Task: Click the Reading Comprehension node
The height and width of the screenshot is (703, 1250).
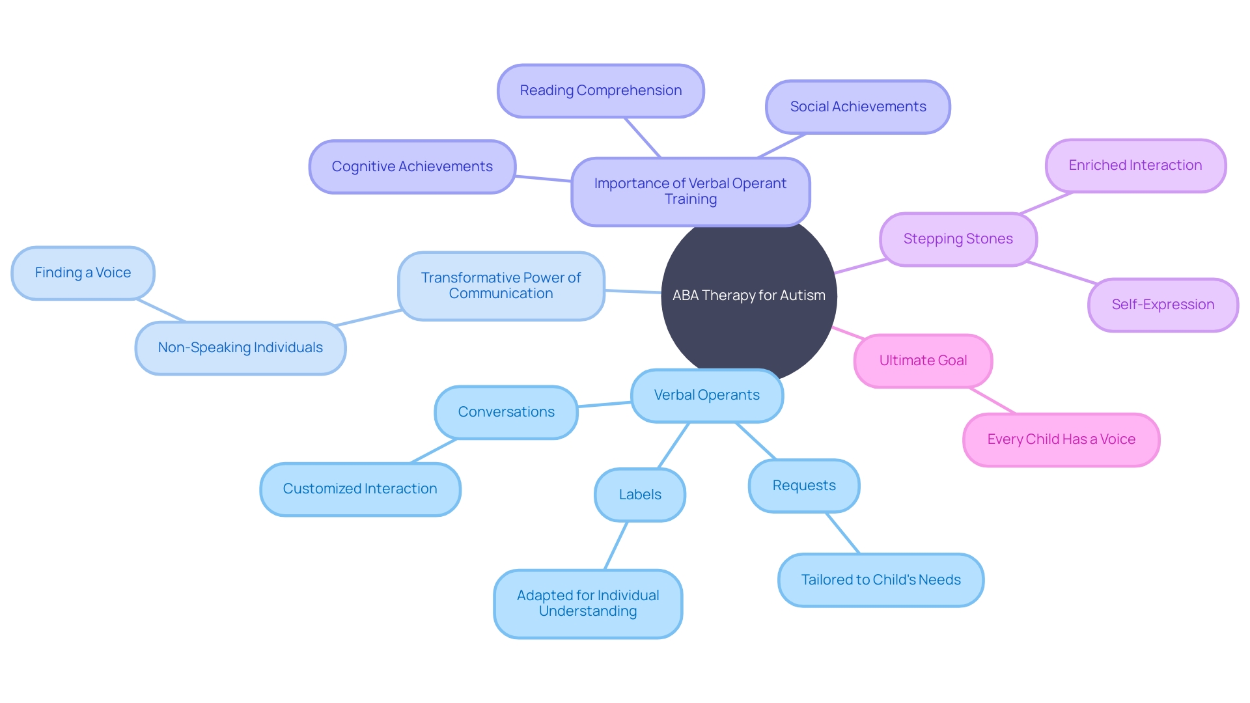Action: (x=600, y=91)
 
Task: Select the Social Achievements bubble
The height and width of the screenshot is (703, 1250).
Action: (x=857, y=107)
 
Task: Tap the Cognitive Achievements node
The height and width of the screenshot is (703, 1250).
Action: (x=412, y=167)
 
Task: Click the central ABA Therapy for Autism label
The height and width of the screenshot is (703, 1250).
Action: (x=749, y=296)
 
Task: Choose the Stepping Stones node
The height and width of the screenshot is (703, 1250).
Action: (x=958, y=239)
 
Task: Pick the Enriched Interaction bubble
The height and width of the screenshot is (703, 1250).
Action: (x=1135, y=165)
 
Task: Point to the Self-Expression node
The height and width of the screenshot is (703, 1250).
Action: (x=1163, y=305)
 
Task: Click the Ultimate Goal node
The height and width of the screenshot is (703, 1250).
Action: (x=923, y=361)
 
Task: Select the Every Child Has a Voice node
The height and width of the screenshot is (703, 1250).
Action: (x=1061, y=439)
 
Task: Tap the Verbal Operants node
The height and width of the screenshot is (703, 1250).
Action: (x=706, y=395)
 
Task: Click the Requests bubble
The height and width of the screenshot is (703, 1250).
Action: (x=803, y=486)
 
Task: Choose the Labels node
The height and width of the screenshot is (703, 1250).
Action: (x=639, y=495)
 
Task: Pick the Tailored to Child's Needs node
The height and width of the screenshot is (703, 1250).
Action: (x=880, y=580)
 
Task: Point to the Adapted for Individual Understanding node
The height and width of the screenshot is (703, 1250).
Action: (x=587, y=603)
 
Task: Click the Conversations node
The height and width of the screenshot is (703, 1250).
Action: (x=506, y=412)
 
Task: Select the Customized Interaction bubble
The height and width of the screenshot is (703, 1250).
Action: (x=359, y=489)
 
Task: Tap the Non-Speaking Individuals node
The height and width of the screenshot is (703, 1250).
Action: (x=240, y=348)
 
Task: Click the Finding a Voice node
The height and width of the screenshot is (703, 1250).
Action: (x=83, y=273)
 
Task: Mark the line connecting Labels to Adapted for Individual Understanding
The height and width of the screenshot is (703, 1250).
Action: (x=616, y=545)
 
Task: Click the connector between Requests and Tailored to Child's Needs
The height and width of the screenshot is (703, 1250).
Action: (x=842, y=533)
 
